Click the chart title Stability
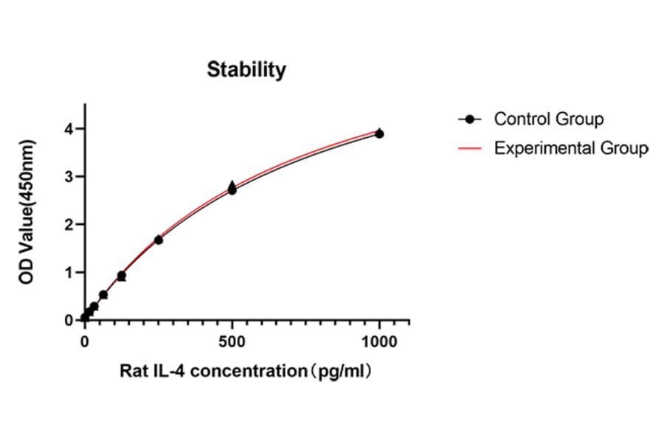246,70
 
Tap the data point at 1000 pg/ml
379,133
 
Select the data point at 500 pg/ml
232,190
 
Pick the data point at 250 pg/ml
159,240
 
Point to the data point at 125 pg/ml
122,276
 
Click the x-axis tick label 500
232,341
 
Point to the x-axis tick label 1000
379,341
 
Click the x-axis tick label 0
85,341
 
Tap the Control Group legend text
548,119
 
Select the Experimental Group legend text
571,148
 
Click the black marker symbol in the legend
470,119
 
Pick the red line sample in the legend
470,148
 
